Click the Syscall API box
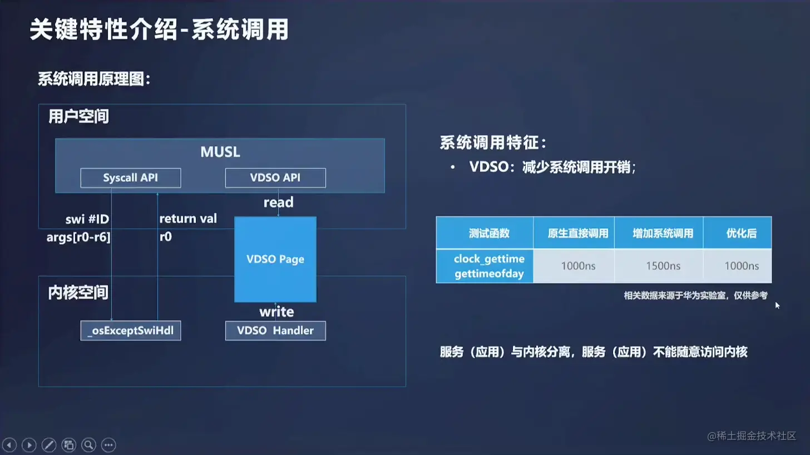pyautogui.click(x=131, y=178)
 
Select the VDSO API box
pyautogui.click(x=275, y=178)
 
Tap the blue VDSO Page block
pyautogui.click(x=275, y=259)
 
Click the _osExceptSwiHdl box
pyautogui.click(x=131, y=330)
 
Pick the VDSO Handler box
pyautogui.click(x=275, y=330)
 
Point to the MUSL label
pyautogui.click(x=220, y=152)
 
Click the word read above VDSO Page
pyautogui.click(x=278, y=202)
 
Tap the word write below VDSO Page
pyautogui.click(x=276, y=311)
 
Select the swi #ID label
pyautogui.click(x=83, y=219)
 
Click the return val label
pyautogui.click(x=188, y=219)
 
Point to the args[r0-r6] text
pyautogui.click(x=78, y=238)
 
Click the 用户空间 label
pyautogui.click(x=78, y=117)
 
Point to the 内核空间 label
pyautogui.click(x=78, y=293)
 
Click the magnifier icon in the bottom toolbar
pyautogui.click(x=88, y=445)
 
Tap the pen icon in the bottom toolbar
pyautogui.click(x=49, y=445)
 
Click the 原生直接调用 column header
pyautogui.click(x=578, y=234)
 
